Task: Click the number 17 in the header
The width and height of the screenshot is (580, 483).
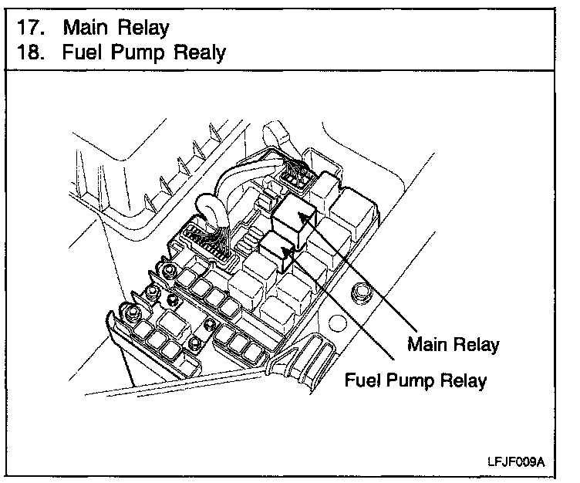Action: coord(29,28)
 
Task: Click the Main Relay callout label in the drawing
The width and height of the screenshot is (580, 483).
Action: coord(453,344)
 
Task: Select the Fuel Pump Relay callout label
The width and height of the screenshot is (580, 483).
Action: coord(416,380)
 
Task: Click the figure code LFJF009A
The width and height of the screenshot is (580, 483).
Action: coord(516,462)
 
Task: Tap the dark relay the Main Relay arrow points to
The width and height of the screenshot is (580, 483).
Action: coord(294,213)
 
